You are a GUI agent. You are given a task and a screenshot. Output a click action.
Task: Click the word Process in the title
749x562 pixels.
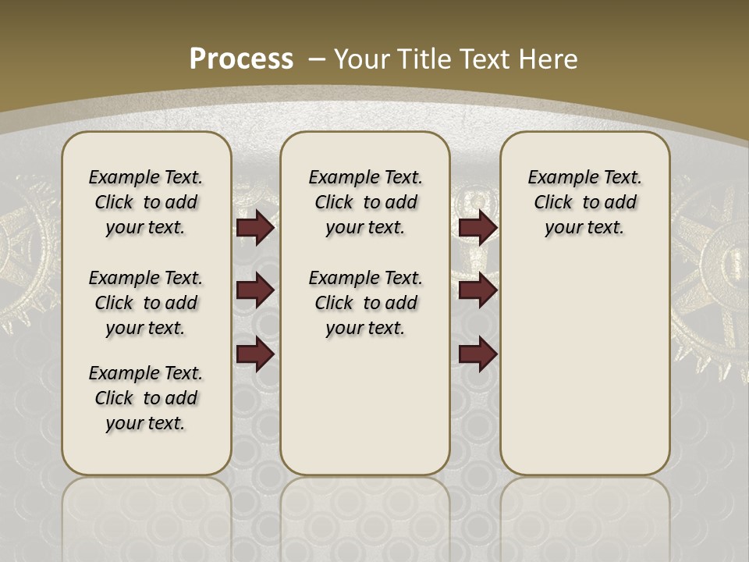(241, 59)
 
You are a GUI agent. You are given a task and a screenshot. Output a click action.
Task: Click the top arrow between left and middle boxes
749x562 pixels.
(255, 227)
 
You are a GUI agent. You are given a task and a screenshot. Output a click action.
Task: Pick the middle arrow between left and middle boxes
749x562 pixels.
(255, 290)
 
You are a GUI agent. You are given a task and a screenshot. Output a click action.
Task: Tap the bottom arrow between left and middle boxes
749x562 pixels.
(255, 354)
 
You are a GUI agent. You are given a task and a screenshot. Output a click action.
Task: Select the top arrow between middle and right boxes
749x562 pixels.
(477, 227)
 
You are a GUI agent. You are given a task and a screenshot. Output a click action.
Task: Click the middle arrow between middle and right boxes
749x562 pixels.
(477, 290)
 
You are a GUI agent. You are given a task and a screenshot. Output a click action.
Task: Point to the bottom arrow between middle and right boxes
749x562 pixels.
(477, 354)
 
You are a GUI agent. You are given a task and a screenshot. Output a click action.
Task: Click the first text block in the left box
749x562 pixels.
(146, 202)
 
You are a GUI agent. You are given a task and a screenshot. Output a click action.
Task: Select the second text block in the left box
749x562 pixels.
(146, 303)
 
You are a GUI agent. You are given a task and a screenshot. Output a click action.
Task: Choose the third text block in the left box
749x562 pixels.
(146, 398)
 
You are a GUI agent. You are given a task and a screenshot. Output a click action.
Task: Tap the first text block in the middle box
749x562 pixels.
(366, 202)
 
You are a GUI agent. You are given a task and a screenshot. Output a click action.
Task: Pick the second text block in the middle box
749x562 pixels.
(366, 303)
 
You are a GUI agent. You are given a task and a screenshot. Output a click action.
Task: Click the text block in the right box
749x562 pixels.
(585, 202)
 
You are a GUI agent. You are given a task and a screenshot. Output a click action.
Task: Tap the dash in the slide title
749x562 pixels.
(318, 59)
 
